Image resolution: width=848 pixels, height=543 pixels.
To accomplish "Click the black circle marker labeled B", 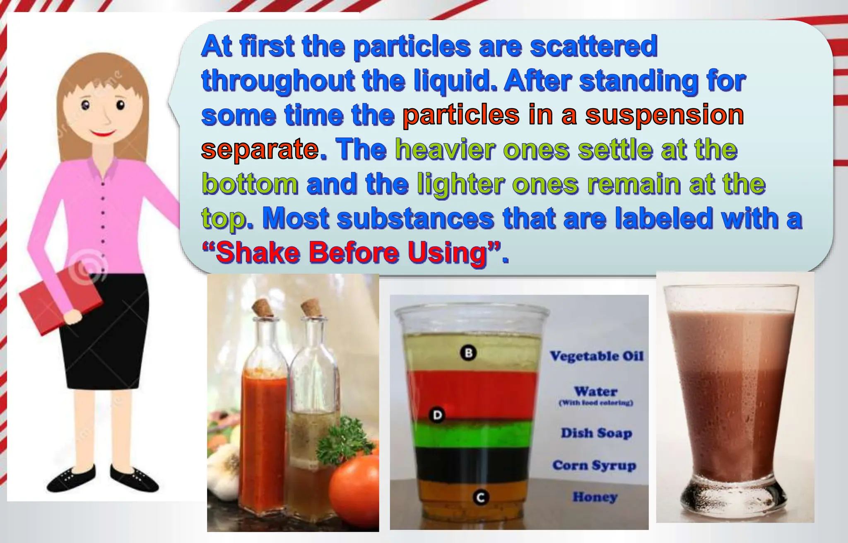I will (469, 353).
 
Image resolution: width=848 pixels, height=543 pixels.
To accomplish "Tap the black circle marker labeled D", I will (437, 415).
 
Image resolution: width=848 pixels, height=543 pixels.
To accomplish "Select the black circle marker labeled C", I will (480, 497).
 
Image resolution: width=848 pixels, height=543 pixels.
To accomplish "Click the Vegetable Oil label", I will (596, 356).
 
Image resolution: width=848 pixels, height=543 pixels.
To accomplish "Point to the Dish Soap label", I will (596, 433).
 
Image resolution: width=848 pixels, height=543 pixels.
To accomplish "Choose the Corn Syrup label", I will (594, 466).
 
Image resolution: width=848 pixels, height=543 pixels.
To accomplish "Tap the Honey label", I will (595, 497).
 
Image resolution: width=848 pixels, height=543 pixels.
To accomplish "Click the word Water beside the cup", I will (595, 391).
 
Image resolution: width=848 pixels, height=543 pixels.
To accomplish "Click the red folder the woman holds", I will (60, 298).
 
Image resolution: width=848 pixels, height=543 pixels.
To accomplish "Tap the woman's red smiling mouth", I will (102, 133).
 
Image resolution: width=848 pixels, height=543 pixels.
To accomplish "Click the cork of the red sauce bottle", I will (263, 308).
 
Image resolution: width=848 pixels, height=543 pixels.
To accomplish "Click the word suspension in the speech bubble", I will (664, 115).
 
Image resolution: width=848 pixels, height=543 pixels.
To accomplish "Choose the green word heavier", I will (445, 150).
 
